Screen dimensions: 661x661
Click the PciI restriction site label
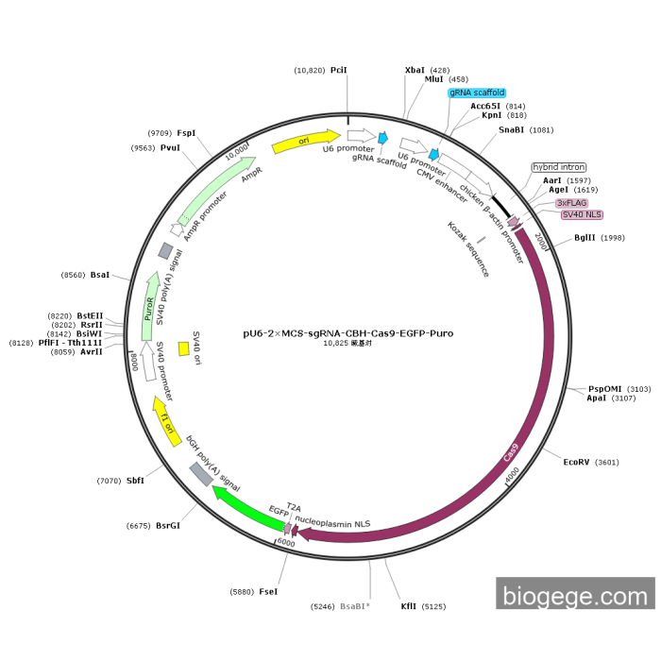tap(339, 70)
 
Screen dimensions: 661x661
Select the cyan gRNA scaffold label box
tap(477, 93)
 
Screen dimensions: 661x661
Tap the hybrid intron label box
tap(559, 167)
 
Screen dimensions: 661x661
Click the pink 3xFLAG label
tap(571, 202)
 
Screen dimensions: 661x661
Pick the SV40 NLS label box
tap(582, 214)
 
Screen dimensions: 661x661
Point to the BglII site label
tap(585, 237)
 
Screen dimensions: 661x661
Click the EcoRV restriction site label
tap(576, 462)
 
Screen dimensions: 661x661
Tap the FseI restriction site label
tap(268, 592)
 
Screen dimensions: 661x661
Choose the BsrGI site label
tap(167, 525)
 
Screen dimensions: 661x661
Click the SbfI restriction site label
tap(135, 481)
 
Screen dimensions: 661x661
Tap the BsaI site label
tap(100, 275)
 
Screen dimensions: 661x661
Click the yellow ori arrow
tap(305, 142)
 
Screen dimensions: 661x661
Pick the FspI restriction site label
tap(186, 133)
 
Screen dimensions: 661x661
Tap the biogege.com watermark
tap(575, 596)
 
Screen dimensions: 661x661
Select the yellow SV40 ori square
tap(183, 348)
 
